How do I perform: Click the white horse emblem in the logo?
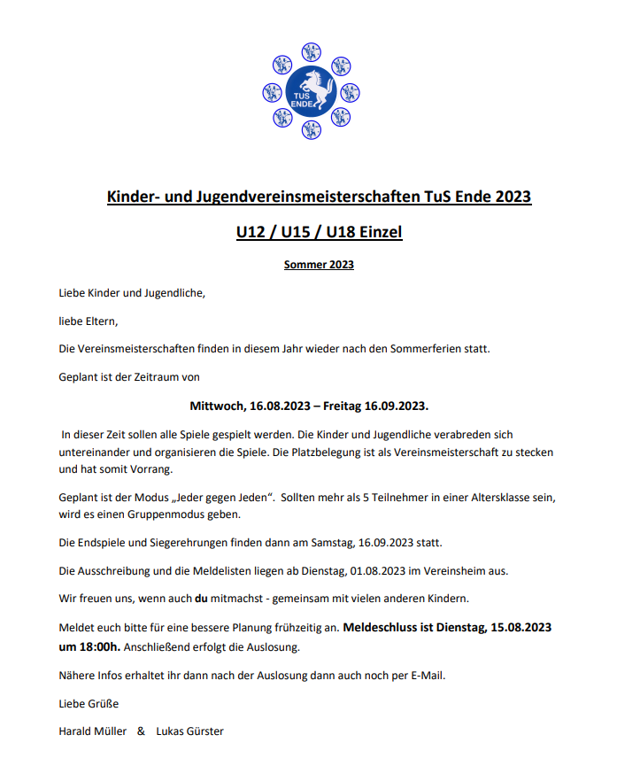312,82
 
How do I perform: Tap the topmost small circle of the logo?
311,50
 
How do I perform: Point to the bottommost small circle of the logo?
311,129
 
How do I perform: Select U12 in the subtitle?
252,232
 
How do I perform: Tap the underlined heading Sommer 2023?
319,264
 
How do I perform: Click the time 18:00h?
102,646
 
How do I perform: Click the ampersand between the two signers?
141,731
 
